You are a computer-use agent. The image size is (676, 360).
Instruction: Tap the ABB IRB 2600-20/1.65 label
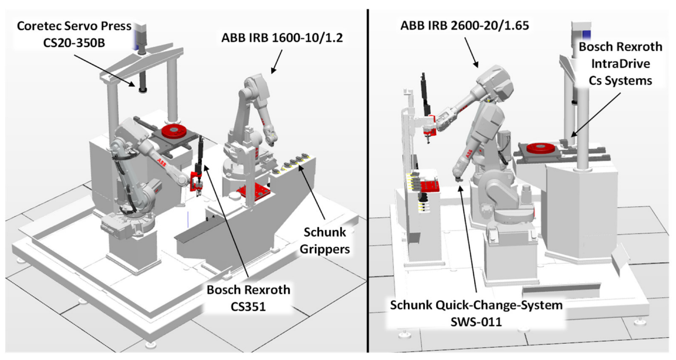[x=464, y=26]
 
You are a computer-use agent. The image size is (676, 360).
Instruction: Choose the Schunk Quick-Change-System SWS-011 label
[x=476, y=313]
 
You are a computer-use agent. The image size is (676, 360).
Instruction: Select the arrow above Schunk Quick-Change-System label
[x=467, y=242]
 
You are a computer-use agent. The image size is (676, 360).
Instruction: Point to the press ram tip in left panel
[x=142, y=89]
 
